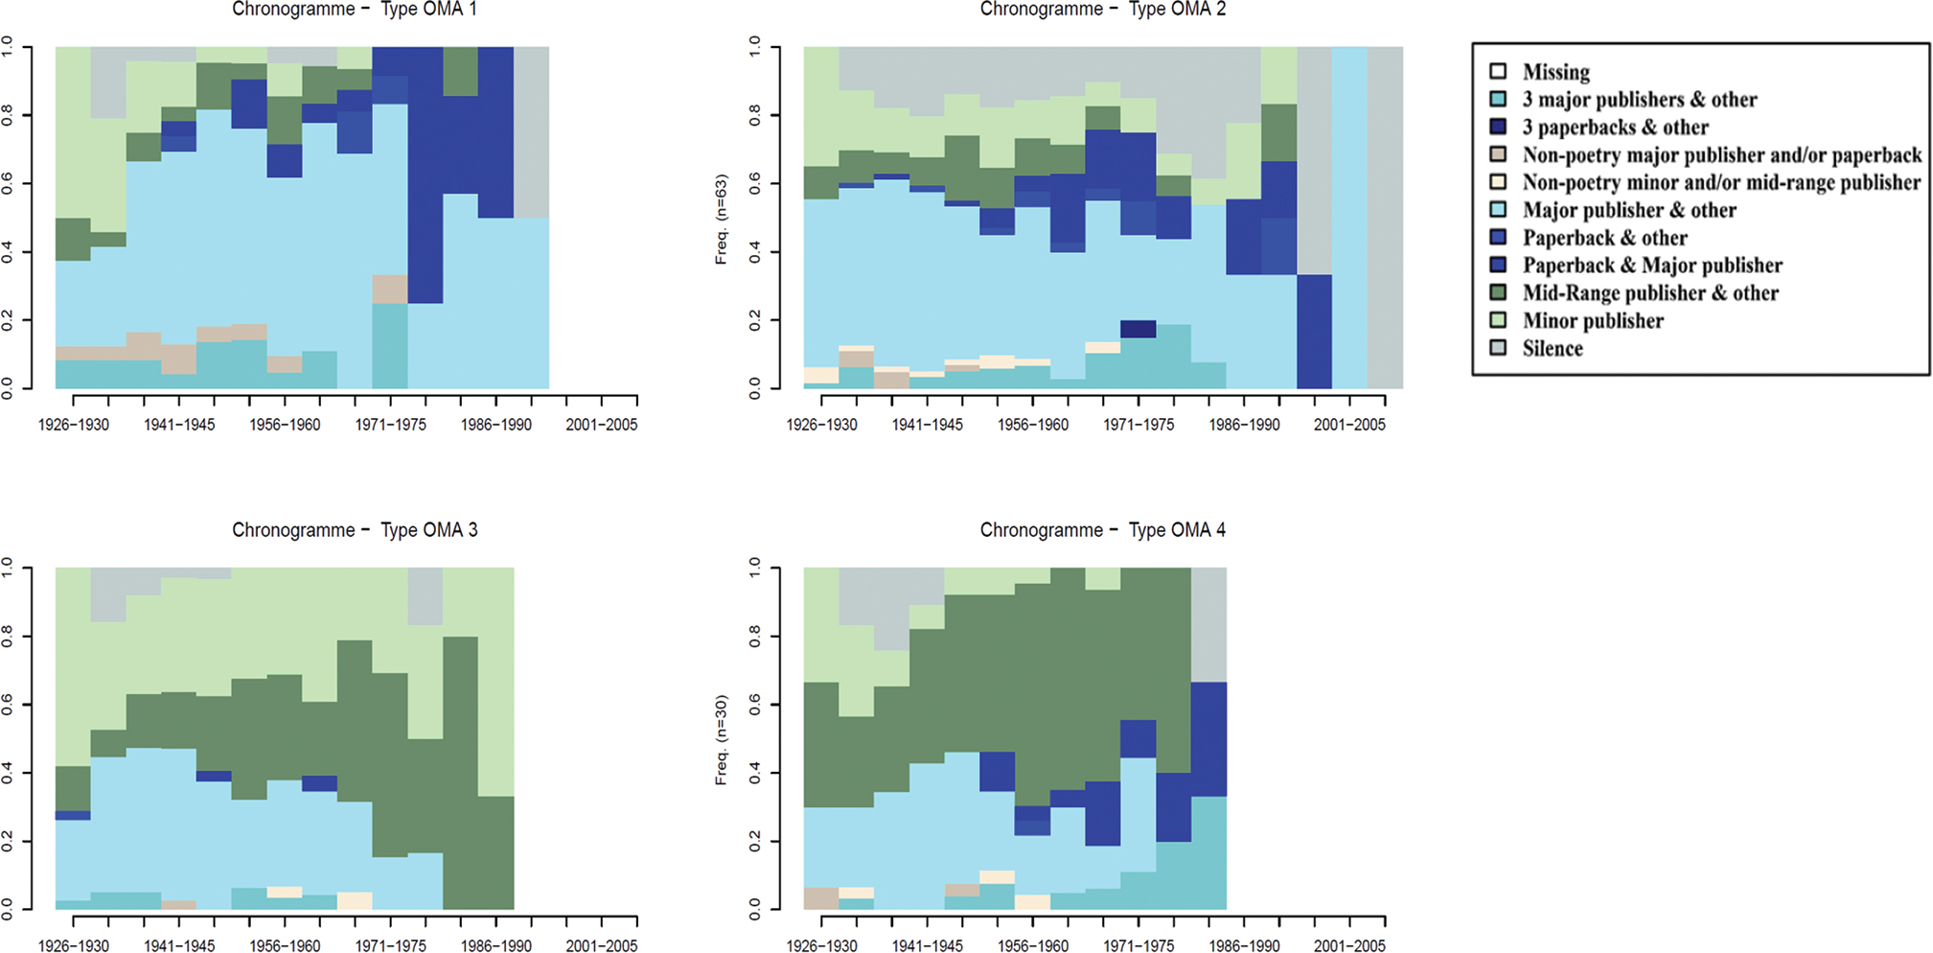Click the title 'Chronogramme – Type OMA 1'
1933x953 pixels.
(355, 10)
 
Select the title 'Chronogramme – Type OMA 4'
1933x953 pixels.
(1102, 530)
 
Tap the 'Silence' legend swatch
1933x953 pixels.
(1498, 348)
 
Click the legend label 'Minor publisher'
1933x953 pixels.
(1593, 321)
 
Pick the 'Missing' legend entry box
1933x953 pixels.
(1498, 71)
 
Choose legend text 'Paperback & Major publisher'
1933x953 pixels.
(1652, 266)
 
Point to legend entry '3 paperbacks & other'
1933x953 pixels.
(1615, 128)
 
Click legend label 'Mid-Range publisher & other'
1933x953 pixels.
(1650, 293)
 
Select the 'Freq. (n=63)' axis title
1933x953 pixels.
(721, 219)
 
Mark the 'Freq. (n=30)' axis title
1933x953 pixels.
(721, 739)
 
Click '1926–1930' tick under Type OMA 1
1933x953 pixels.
(74, 425)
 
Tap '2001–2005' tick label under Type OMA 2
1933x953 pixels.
(1349, 425)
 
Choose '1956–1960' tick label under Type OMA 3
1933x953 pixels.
(285, 945)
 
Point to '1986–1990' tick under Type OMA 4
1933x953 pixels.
(1244, 945)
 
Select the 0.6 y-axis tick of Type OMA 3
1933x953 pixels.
(8, 705)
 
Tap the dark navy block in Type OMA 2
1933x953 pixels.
(1139, 329)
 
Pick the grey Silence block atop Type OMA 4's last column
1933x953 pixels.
(1208, 624)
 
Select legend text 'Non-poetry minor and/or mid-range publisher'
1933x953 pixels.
(1721, 183)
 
